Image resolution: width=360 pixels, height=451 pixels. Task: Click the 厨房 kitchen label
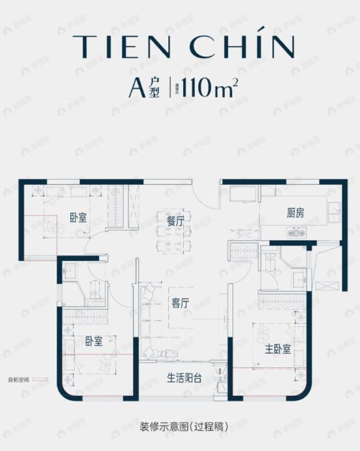coord(295,213)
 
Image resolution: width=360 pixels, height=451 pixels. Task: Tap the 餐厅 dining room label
coord(175,221)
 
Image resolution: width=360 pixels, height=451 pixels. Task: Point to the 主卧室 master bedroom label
coord(278,349)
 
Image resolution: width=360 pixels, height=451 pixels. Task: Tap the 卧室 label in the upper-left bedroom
coord(78,217)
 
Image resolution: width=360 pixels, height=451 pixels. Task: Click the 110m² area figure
coord(207,92)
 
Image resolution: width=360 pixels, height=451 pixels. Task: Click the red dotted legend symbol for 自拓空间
coord(39,379)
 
